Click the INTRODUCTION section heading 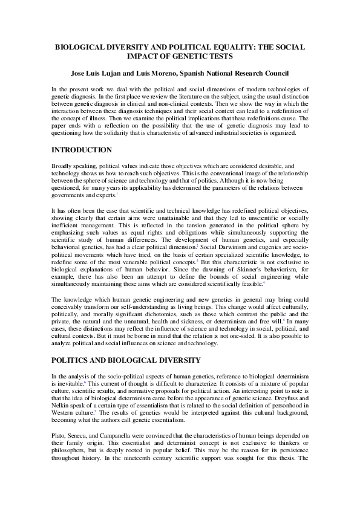82,150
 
